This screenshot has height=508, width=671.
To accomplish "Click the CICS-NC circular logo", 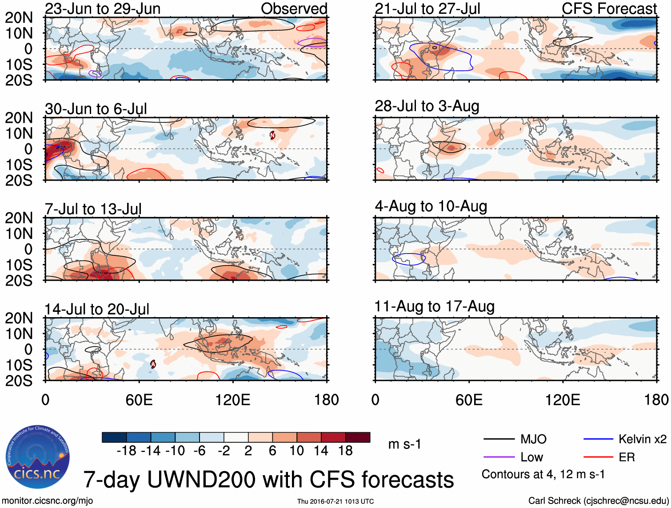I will tap(38, 457).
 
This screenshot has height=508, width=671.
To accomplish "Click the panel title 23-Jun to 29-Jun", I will tap(103, 8).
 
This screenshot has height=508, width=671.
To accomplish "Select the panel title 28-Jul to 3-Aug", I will tap(427, 106).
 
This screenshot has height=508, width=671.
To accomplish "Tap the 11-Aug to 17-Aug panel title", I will tap(434, 306).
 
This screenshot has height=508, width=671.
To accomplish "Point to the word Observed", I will tap(294, 8).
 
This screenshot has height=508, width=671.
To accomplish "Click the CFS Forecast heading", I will tap(609, 8).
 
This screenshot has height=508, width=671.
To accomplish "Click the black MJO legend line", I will tap(499, 439).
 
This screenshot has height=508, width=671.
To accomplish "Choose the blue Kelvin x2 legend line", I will tap(598, 439).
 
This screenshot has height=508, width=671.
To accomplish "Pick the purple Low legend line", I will tap(499, 457).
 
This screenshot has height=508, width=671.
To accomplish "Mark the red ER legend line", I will tap(598, 457).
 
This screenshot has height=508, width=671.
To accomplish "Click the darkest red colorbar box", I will tap(358, 437).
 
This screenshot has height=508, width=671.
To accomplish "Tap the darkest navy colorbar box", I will tap(114, 437).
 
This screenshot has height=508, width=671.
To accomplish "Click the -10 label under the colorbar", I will tap(175, 451).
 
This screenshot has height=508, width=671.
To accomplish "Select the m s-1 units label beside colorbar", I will tap(404, 444).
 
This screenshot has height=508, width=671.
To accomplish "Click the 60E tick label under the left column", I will tap(139, 400).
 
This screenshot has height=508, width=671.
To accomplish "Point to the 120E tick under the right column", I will tap(563, 400).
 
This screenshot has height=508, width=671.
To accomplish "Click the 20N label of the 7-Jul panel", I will tap(19, 218).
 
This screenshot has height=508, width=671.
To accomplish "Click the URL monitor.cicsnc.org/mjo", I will tap(48, 501).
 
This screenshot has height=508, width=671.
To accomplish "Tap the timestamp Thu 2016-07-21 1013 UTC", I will tap(335, 501).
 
